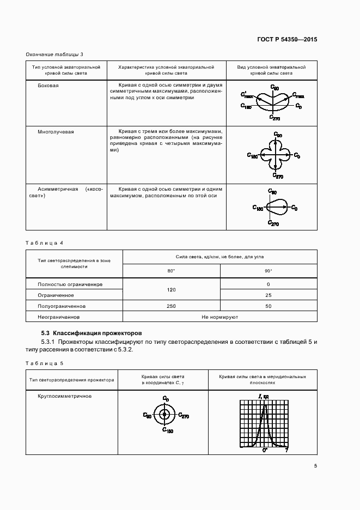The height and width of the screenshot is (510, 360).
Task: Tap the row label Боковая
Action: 48,86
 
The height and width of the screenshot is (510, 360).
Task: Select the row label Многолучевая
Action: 56,132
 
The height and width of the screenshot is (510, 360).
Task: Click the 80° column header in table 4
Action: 171,271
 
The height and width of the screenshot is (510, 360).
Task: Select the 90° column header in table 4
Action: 268,271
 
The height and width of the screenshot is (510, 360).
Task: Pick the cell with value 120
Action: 171,290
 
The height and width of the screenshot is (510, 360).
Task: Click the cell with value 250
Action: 171,306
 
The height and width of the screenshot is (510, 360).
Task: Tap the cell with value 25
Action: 268,295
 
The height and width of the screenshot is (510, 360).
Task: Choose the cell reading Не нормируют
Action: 219,317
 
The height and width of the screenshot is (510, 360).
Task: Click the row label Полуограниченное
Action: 62,306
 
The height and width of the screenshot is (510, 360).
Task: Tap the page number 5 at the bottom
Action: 315,465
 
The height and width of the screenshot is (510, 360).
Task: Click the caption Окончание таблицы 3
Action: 55,54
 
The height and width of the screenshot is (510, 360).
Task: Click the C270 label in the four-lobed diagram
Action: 278,177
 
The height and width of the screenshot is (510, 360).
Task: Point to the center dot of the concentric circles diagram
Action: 164,415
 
